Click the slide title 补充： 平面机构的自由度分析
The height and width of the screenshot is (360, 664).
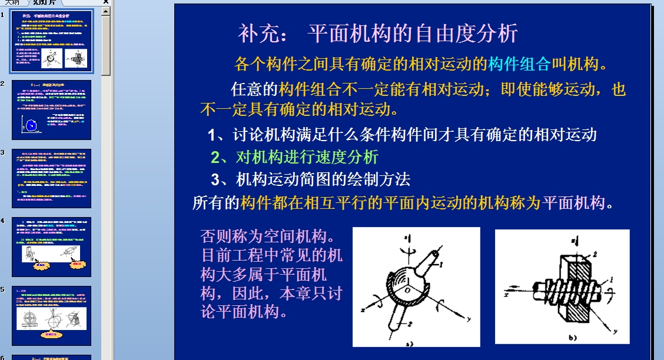point(377,34)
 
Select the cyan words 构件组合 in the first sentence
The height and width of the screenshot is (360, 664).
point(519,64)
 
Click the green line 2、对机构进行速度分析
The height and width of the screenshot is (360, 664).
point(295,157)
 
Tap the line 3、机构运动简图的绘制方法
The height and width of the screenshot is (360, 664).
point(311,179)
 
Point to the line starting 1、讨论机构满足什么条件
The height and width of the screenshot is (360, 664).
point(403,135)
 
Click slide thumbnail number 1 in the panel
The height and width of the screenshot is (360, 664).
point(52,40)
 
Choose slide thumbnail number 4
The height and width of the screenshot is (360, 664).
point(52,247)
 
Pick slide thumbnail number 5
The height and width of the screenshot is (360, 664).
point(52,316)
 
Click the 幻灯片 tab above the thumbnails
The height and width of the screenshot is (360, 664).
point(45,2)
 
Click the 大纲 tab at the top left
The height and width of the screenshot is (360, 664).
point(12,2)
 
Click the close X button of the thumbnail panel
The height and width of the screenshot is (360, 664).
point(105,2)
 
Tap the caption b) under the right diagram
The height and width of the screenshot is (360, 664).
point(572,337)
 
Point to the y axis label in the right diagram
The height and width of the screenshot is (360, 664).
point(616,331)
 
